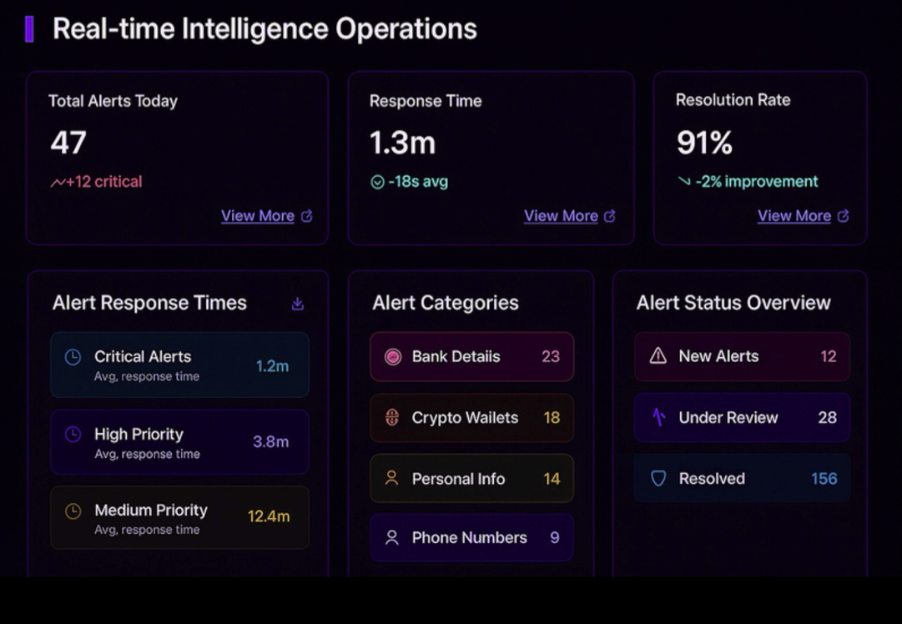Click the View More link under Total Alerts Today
pos(258,216)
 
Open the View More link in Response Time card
pos(561,216)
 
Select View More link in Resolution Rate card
pos(794,216)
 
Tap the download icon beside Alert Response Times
pos(297,304)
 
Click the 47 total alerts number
pos(68,143)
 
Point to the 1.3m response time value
pos(402,143)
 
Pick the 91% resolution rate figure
pos(704,143)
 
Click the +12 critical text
pos(104,182)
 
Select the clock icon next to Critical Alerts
pos(73,357)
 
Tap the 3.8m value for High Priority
pos(270,442)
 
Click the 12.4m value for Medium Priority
pos(269,516)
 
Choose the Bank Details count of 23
pos(550,357)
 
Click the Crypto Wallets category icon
pos(392,418)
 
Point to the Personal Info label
pos(458,479)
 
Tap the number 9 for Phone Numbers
pos(554,538)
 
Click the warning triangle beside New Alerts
pos(658,356)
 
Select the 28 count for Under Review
pos(827,418)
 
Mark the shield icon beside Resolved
pos(658,479)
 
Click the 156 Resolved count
pos(824,479)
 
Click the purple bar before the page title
pos(29,29)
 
